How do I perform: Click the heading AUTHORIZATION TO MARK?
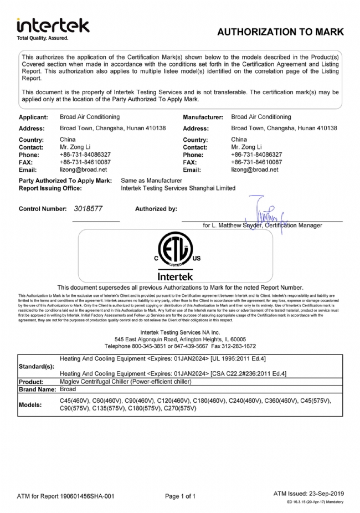tap(280, 32)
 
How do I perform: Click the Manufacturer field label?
tap(203, 117)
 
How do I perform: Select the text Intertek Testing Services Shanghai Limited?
tap(178, 188)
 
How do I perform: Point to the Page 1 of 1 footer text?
tap(181, 496)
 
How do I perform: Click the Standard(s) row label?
tap(37, 367)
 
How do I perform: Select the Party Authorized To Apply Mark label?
tap(65, 181)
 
